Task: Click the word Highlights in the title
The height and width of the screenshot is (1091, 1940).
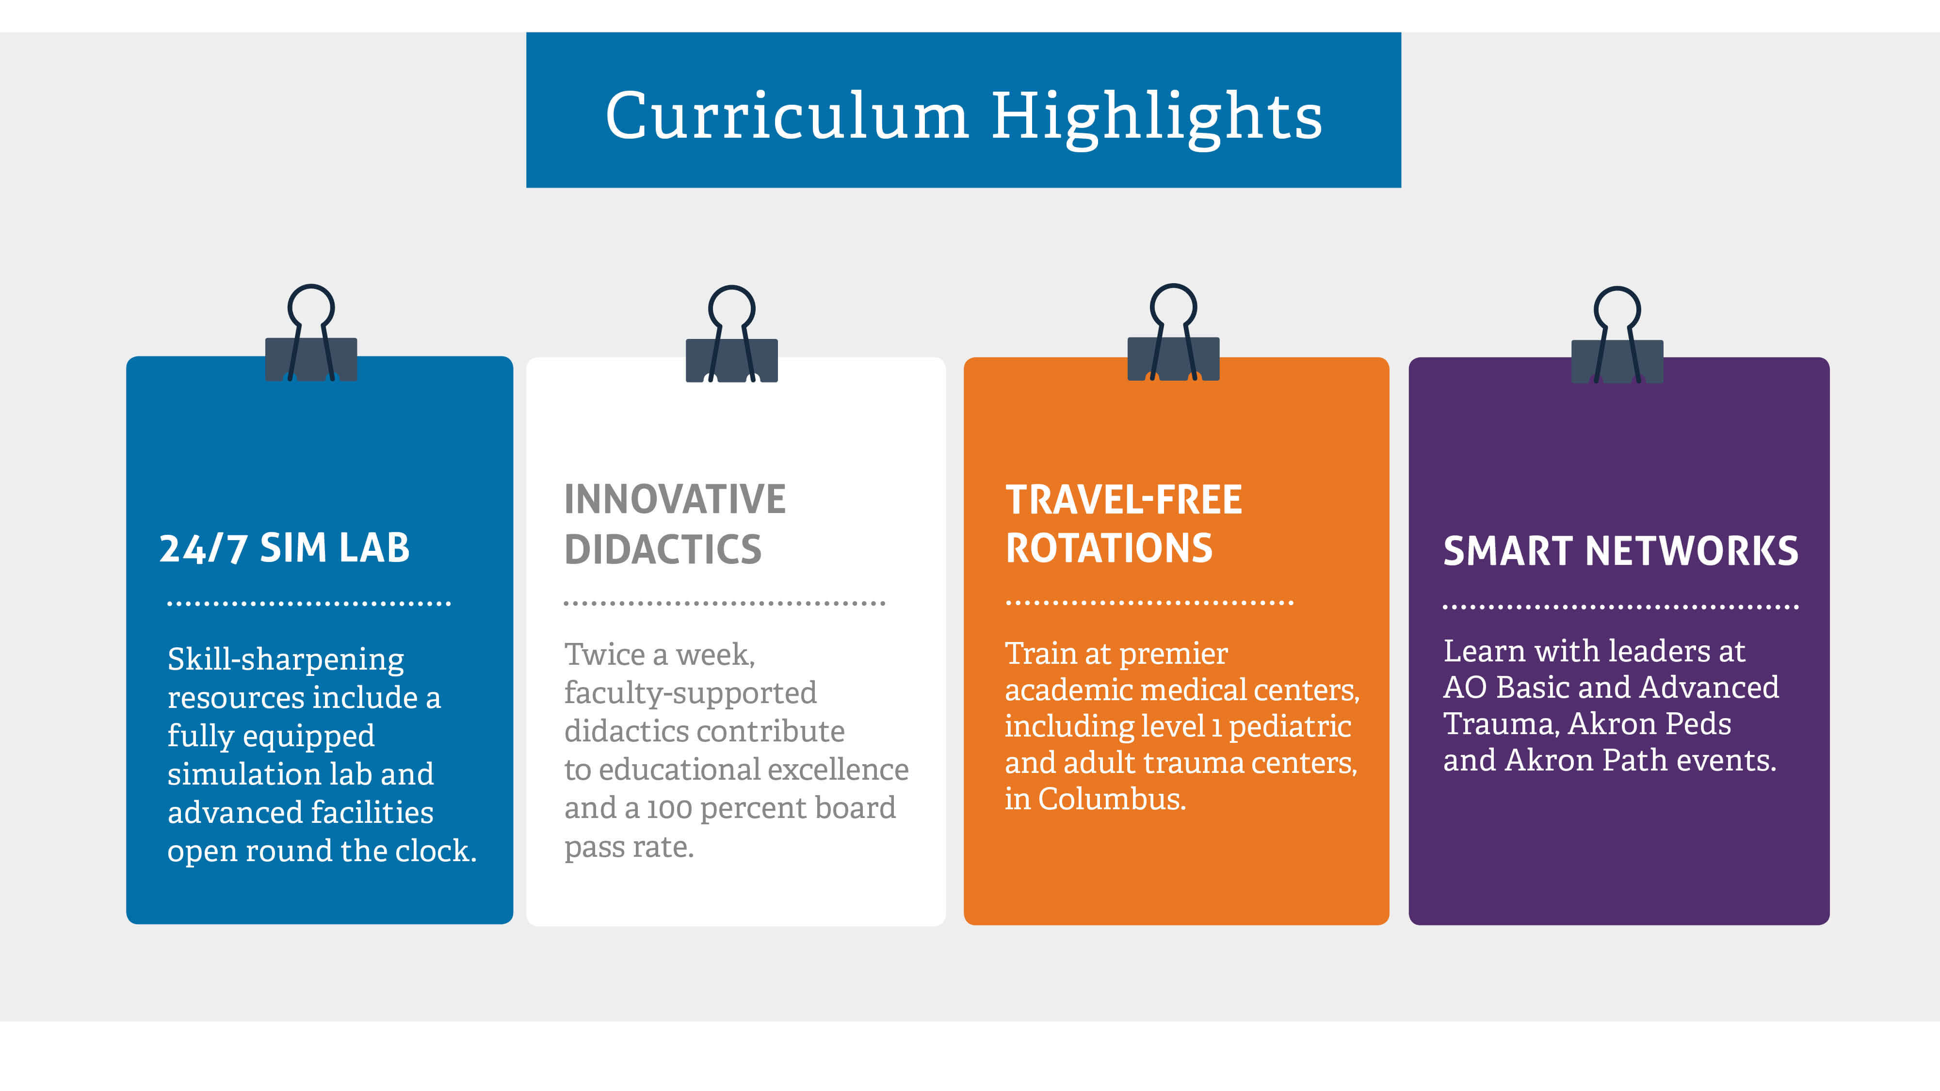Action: [x=1157, y=119]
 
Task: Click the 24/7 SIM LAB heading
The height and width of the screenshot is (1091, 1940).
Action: [x=285, y=548]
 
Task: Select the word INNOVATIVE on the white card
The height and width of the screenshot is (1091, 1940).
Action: [x=675, y=499]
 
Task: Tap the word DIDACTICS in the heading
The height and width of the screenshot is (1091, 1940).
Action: [x=663, y=549]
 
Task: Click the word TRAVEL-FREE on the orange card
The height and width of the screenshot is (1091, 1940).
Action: [x=1124, y=500]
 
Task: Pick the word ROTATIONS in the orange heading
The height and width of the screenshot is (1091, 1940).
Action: [x=1109, y=548]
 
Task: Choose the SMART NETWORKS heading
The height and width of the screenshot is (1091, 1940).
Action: [x=1621, y=551]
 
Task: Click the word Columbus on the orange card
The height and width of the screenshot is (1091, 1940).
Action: [x=1112, y=799]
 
